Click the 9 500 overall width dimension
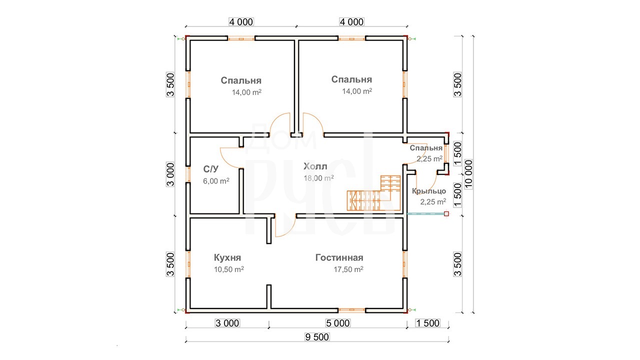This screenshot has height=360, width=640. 317,337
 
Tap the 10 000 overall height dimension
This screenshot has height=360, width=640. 469,174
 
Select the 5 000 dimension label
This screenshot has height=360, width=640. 337,323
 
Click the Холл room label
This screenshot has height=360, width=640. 315,166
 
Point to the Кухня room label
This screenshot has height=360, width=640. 227,257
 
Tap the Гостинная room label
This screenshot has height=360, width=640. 339,257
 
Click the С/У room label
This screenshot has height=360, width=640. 210,169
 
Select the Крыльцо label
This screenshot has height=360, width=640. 429,191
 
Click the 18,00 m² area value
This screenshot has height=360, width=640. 318,178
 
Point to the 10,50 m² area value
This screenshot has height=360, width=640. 229,269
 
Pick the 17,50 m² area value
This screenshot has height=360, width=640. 348,269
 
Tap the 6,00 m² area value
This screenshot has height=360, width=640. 216,181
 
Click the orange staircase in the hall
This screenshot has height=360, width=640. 373,193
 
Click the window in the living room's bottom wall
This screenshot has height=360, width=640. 351,310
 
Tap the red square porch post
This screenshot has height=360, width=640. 446,213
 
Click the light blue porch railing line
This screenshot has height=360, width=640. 425,213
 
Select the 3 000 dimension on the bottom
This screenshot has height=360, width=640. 227,323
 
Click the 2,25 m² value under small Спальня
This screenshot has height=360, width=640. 429,159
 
